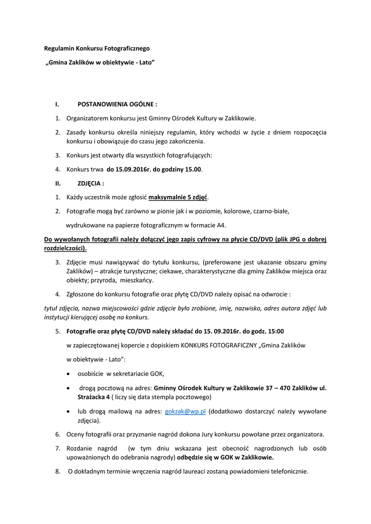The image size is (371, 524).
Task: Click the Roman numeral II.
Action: click(x=58, y=183)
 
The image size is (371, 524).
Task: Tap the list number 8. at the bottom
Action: click(x=58, y=471)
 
